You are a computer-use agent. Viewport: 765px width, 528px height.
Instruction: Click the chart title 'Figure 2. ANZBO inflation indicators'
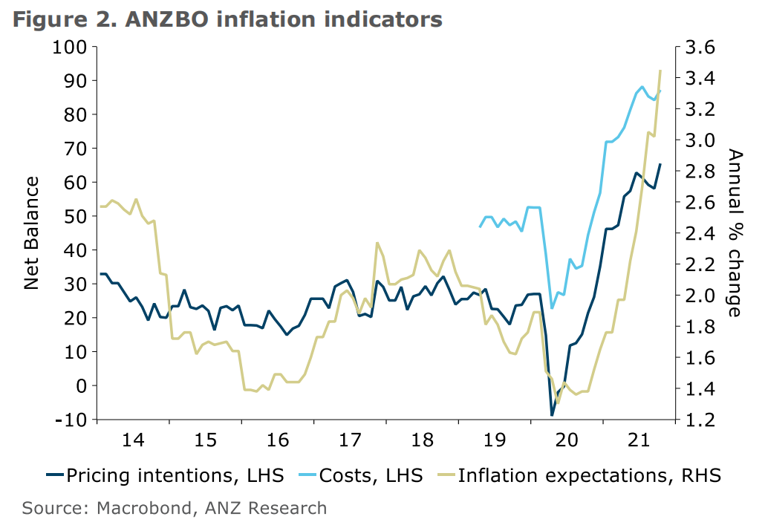(227, 19)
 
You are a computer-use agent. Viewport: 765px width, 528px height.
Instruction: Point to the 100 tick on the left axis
(70, 47)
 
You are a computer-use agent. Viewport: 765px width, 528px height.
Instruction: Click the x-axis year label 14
(132, 440)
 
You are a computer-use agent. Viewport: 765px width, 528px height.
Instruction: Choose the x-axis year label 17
(349, 440)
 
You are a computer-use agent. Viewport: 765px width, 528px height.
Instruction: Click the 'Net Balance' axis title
(31, 233)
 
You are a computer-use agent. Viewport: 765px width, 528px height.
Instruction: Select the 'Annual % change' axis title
(735, 233)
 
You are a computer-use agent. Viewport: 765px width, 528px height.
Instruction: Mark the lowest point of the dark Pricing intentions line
(552, 415)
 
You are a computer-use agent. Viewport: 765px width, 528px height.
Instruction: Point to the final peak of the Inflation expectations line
(660, 71)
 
